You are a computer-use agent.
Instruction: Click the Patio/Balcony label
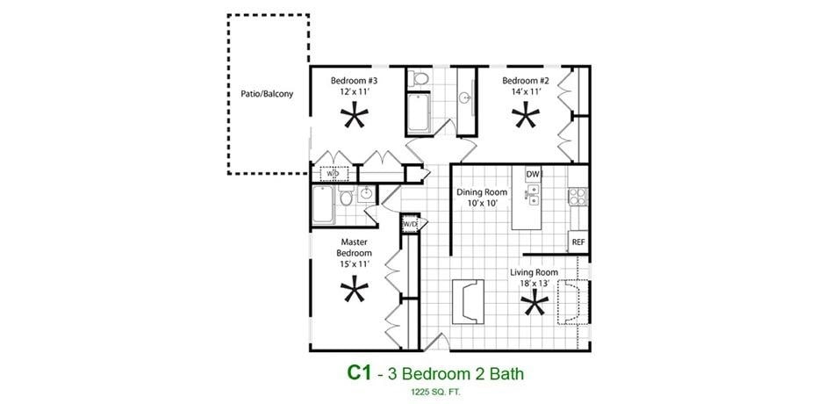(x=267, y=93)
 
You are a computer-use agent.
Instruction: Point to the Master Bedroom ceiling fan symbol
(x=355, y=290)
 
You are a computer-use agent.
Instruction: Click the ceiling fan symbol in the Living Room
(x=533, y=305)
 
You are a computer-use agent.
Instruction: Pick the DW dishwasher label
(x=532, y=174)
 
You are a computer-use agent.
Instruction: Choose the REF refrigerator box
(x=577, y=242)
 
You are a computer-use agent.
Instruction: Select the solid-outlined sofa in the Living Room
(x=467, y=300)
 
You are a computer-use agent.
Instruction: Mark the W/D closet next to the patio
(x=333, y=174)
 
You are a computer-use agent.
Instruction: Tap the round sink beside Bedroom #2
(x=465, y=96)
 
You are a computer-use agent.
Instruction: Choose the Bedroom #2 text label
(x=526, y=81)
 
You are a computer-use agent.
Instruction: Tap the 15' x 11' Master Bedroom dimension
(x=355, y=263)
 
